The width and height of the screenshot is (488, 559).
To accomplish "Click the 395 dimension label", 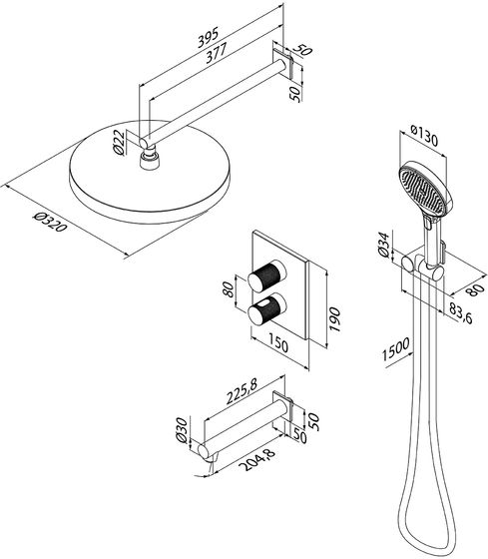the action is pyautogui.click(x=208, y=37).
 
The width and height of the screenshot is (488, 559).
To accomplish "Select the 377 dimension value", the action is pyautogui.click(x=216, y=52).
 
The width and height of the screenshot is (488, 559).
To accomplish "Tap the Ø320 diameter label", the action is pyautogui.click(x=50, y=221).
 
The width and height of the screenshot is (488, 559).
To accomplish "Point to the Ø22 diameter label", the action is pyautogui.click(x=119, y=142).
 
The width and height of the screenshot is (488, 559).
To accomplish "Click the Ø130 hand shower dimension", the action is pyautogui.click(x=424, y=136).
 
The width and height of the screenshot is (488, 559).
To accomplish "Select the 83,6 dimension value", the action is pyautogui.click(x=460, y=313).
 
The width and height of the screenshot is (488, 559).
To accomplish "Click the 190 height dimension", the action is pyautogui.click(x=335, y=319).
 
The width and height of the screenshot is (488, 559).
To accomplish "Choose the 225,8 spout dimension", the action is pyautogui.click(x=242, y=391).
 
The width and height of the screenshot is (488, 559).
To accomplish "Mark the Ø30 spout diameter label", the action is pyautogui.click(x=182, y=430).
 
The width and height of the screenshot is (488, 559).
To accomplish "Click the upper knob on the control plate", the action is pyautogui.click(x=267, y=276).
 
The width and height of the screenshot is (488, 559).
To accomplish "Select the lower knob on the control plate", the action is pyautogui.click(x=267, y=309).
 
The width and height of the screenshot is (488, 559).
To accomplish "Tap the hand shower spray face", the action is pyautogui.click(x=422, y=189).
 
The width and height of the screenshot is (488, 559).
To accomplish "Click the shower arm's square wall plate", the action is pyautogui.click(x=283, y=64).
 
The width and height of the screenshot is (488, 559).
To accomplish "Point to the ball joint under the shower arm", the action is pyautogui.click(x=150, y=159).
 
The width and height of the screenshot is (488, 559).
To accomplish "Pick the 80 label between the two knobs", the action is pyautogui.click(x=229, y=289).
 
